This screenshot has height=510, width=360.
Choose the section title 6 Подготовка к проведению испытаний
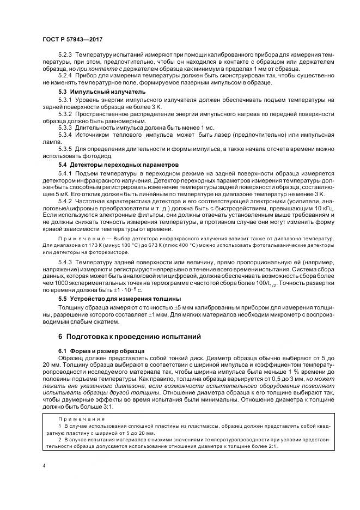(121, 336)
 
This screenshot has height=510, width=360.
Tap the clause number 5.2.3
(65, 56)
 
